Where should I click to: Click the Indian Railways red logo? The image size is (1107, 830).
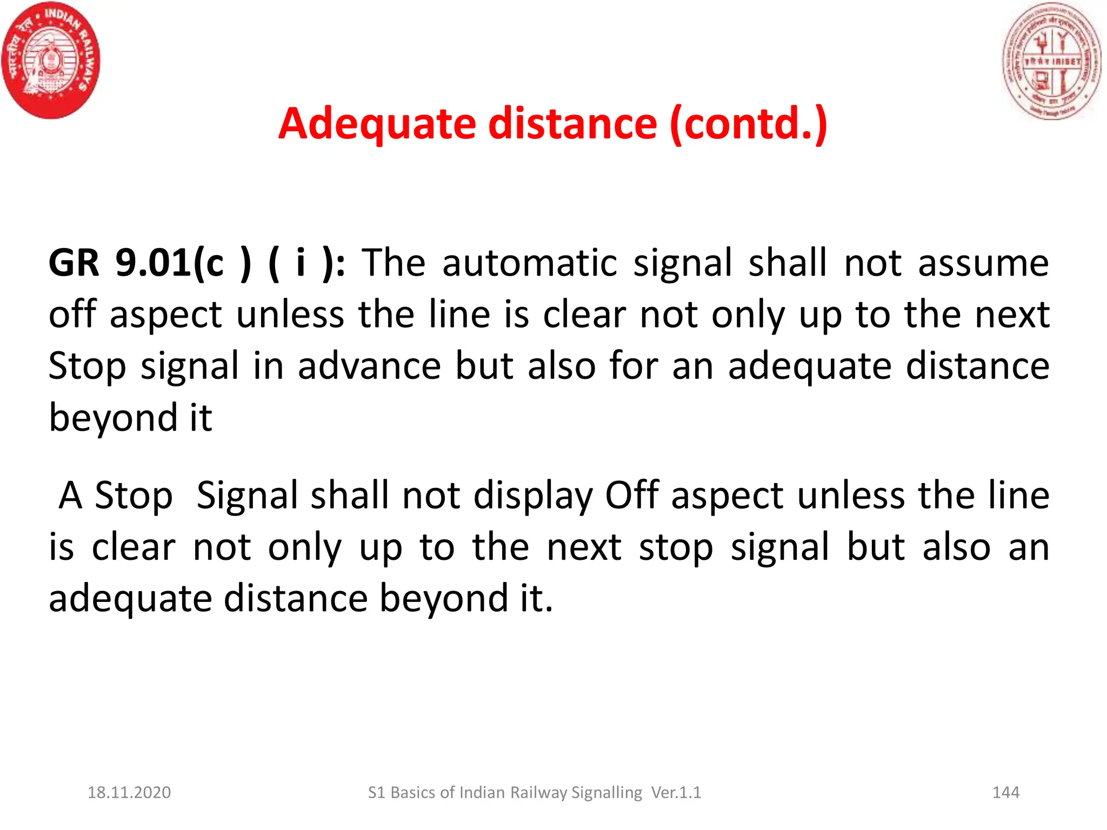[x=51, y=60]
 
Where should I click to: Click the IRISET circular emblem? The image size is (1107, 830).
[x=1051, y=61]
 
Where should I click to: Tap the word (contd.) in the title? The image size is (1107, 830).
[x=748, y=124]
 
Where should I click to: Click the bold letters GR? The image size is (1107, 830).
[x=74, y=263]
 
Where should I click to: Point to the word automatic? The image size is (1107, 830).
[x=530, y=263]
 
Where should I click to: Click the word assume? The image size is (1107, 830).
[x=983, y=263]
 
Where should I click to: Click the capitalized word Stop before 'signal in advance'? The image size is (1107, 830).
[x=87, y=366]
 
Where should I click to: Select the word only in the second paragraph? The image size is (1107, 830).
[x=305, y=547]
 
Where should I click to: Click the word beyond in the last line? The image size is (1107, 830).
[x=443, y=599]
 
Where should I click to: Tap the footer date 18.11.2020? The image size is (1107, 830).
[x=129, y=793]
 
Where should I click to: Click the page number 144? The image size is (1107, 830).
[x=1006, y=793]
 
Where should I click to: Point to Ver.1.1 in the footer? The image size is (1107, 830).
[x=676, y=793]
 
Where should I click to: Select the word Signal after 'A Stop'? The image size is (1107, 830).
[x=247, y=496]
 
